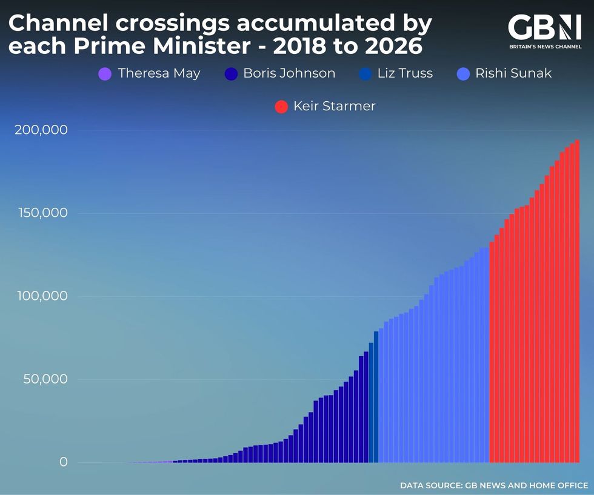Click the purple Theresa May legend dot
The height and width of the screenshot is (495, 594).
[105, 75]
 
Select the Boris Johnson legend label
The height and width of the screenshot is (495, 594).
[289, 74]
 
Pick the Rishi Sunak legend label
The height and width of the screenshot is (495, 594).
[513, 74]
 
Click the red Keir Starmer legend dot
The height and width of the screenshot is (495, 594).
[281, 107]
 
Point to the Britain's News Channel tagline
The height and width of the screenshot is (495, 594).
[544, 46]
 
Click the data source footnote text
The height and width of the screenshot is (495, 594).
[493, 485]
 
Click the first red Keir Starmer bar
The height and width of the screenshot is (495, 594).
[492, 352]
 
